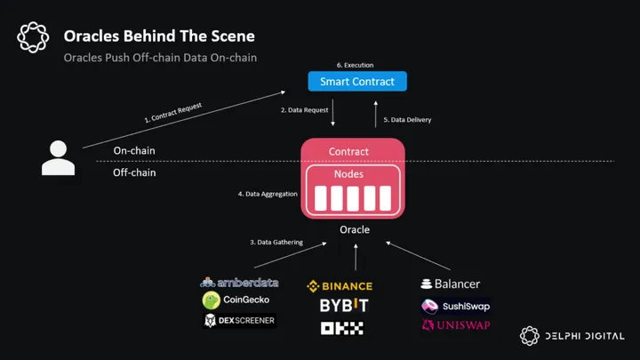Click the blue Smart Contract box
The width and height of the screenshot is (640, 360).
(x=357, y=82)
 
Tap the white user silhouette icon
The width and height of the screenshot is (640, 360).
(x=59, y=158)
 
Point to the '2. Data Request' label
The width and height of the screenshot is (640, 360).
(x=304, y=110)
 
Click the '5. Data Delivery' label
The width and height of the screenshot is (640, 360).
(x=407, y=119)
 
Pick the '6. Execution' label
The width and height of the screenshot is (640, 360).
(x=355, y=65)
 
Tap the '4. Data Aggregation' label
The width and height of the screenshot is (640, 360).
(x=268, y=193)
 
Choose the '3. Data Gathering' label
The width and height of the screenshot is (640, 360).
(x=276, y=242)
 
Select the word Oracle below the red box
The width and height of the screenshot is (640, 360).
(x=354, y=230)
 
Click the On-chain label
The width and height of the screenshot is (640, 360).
(x=134, y=150)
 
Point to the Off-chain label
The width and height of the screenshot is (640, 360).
(x=134, y=172)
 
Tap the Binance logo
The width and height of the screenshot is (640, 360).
(x=340, y=286)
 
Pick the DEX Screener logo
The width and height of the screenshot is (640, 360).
(x=239, y=320)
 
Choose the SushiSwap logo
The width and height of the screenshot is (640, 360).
(x=455, y=306)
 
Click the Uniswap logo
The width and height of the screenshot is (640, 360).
(x=455, y=325)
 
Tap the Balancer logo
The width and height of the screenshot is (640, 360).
(x=451, y=284)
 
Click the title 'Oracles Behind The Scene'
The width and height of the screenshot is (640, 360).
(x=159, y=36)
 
